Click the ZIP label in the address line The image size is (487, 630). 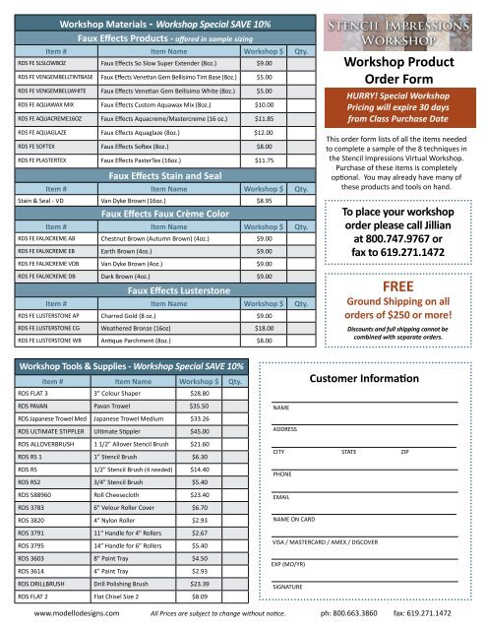(405, 451)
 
